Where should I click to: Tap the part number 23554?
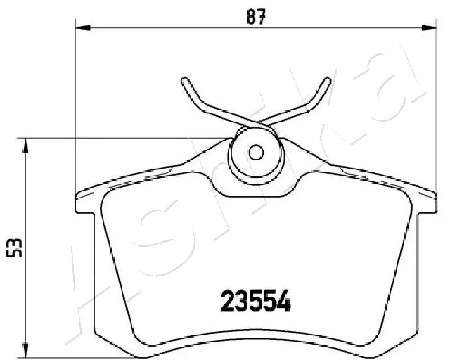pyautogui.click(x=257, y=302)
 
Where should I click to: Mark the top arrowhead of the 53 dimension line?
pyautogui.click(x=26, y=145)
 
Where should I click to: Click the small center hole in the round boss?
pyautogui.click(x=257, y=152)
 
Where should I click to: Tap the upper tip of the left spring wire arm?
pyautogui.click(x=184, y=81)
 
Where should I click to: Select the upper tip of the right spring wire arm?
pyautogui.click(x=328, y=80)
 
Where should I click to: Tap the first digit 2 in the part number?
pyautogui.click(x=229, y=302)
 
